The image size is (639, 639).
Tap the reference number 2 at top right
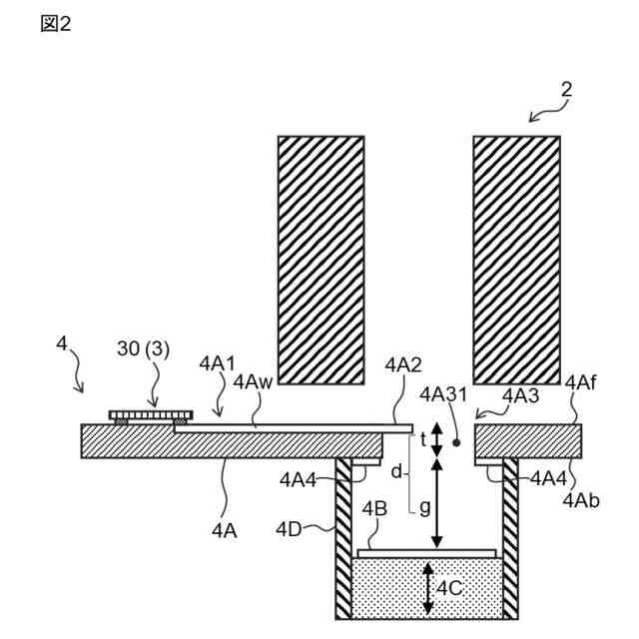click(x=566, y=91)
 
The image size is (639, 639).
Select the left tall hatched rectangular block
click(x=320, y=260)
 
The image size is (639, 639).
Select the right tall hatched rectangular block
click(x=516, y=260)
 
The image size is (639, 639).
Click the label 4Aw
click(x=250, y=381)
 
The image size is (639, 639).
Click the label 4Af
click(x=581, y=382)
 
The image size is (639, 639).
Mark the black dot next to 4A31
click(x=456, y=441)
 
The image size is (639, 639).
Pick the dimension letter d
click(x=395, y=469)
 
